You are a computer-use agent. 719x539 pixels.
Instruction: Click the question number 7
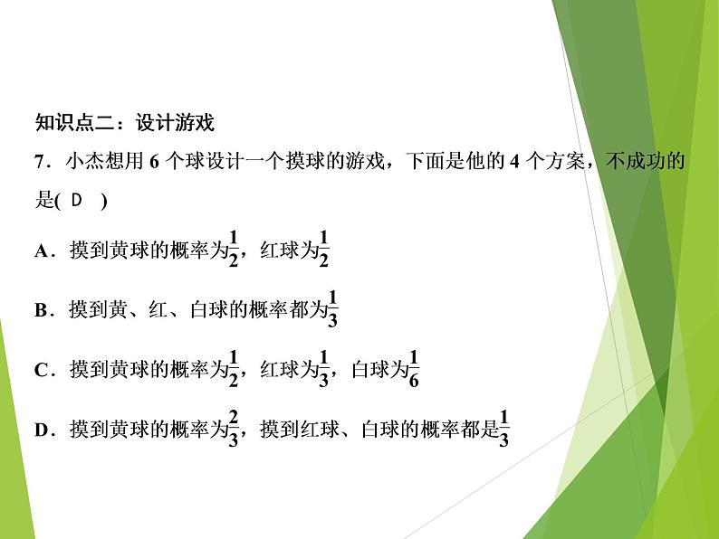[x=39, y=163]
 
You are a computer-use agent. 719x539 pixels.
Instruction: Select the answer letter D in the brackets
[x=75, y=201]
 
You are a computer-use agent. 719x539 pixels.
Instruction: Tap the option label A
[x=41, y=252]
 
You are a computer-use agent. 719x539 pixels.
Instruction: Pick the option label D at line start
[x=41, y=430]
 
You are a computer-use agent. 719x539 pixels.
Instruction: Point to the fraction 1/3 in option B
[x=332, y=307]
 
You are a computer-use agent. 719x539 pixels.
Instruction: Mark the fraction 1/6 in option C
[x=414, y=367]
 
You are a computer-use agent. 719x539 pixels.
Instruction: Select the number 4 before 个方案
[x=511, y=163]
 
